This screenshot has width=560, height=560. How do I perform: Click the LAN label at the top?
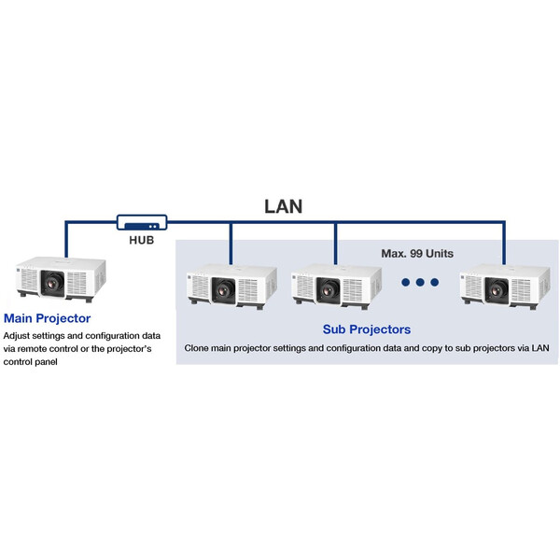(x=283, y=205)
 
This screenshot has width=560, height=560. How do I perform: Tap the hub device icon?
(x=142, y=223)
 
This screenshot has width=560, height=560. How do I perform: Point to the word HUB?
(x=142, y=240)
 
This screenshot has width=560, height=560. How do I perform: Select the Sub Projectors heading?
(x=367, y=329)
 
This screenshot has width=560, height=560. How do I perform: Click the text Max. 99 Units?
(x=418, y=253)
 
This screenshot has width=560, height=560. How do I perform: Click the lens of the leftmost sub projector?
(x=224, y=289)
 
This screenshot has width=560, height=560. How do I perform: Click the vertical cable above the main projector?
(x=66, y=240)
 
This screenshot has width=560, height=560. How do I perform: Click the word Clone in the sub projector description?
(x=199, y=348)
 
